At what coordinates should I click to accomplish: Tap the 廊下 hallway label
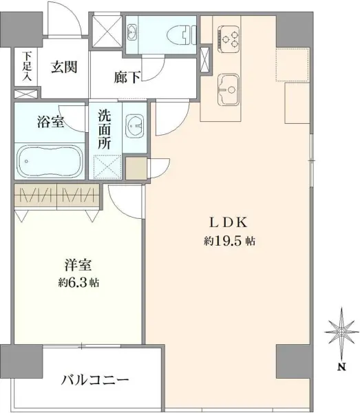tap(127, 78)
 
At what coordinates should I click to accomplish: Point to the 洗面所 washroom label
tap(106, 128)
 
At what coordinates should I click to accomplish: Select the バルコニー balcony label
tap(95, 380)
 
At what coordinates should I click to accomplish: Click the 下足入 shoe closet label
tap(27, 66)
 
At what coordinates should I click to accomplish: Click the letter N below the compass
tap(341, 367)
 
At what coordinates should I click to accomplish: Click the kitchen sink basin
tap(227, 87)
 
